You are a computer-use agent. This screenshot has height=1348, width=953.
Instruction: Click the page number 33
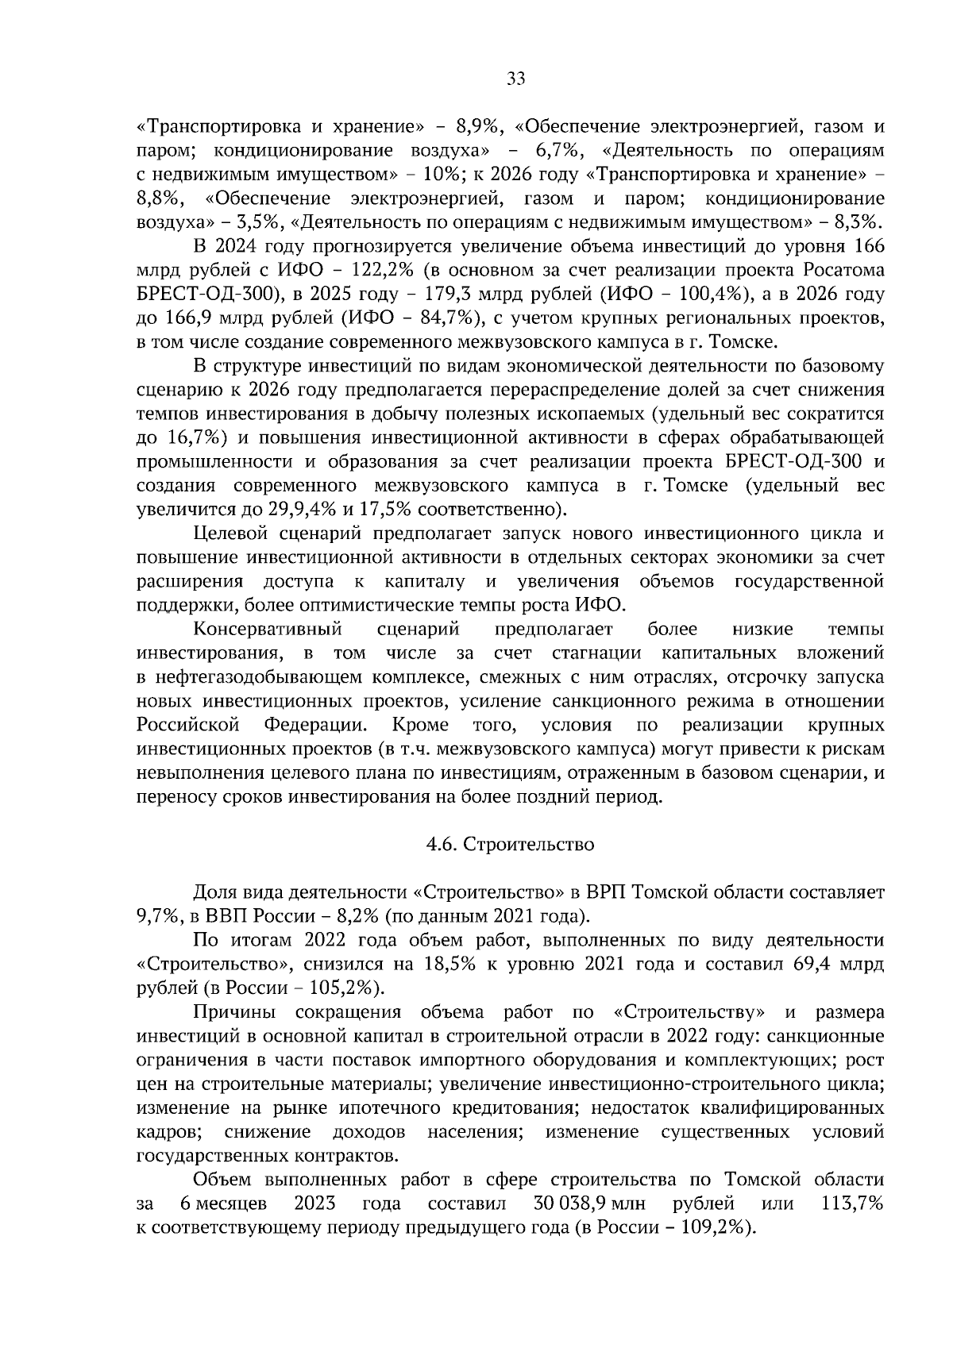[x=515, y=79]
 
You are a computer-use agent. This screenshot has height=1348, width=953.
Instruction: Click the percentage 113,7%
[x=853, y=1204]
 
